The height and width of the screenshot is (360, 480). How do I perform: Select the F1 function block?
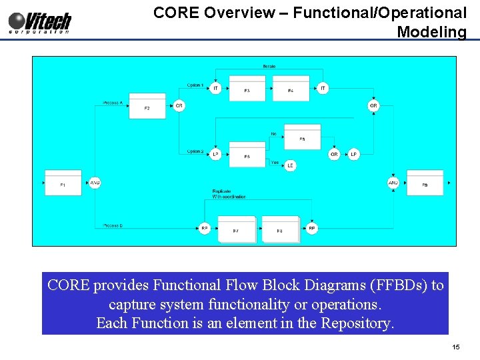(63, 183)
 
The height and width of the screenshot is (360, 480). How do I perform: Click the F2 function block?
(147, 106)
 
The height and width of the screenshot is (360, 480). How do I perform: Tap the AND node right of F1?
(95, 183)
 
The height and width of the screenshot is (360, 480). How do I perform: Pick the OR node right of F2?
(179, 106)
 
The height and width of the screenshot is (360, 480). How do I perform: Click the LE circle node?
(290, 165)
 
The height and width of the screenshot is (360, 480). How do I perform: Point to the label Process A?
(113, 103)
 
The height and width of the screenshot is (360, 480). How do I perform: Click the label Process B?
(113, 226)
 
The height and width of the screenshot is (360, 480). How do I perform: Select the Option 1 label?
(195, 85)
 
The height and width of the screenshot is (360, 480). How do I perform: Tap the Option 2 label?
(195, 151)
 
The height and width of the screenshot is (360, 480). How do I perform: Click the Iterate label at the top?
(269, 67)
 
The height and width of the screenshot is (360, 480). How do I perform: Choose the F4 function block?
(291, 89)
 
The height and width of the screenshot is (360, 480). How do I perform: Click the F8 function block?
(280, 229)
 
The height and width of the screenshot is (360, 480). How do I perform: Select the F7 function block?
(236, 229)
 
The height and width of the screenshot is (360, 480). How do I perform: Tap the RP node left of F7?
(205, 229)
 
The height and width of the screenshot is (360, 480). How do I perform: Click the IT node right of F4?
(323, 88)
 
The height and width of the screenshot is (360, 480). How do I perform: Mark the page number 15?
(456, 347)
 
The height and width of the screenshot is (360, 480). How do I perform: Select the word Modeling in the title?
(431, 31)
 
